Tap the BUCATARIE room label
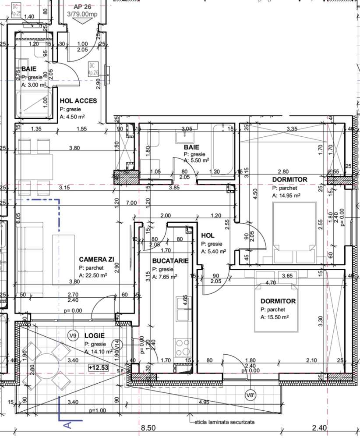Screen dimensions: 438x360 click(x=170, y=260)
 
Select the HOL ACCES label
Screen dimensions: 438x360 click(x=78, y=101)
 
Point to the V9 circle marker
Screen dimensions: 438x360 click(x=74, y=336)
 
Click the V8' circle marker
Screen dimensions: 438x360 click(x=250, y=395)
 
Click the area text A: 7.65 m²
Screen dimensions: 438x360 click(x=165, y=277)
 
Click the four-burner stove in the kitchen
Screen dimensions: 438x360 click(x=183, y=348)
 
